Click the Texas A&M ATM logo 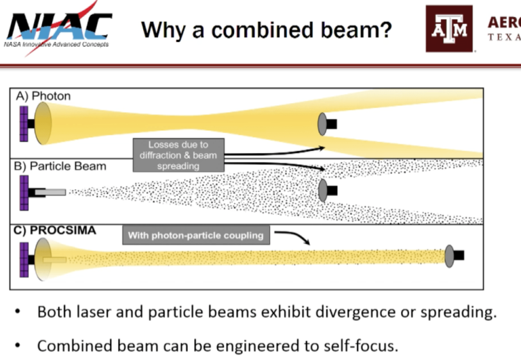click(448, 28)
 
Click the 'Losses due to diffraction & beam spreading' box click(178, 155)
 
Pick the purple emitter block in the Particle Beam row click(24, 193)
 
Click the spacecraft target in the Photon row click(328, 123)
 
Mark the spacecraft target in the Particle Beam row click(328, 191)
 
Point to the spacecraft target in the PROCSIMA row click(454, 256)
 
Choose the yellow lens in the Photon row click(43, 123)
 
